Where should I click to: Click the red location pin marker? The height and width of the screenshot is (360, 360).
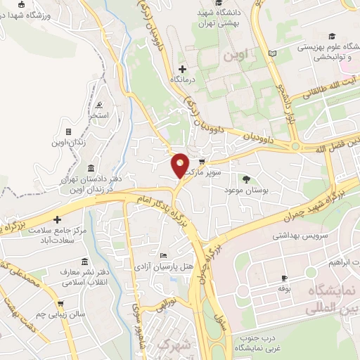[x=180, y=165]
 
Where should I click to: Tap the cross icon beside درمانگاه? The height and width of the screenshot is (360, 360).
[x=183, y=69]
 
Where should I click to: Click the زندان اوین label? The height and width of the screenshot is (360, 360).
[x=67, y=143]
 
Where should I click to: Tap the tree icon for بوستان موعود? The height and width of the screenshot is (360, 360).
[x=246, y=179]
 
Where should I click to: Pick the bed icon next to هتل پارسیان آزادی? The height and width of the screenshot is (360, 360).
[x=164, y=255]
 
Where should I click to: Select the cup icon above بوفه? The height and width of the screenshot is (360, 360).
[x=284, y=277]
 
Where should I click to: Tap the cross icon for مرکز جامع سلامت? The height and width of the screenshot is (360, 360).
[x=58, y=219]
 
